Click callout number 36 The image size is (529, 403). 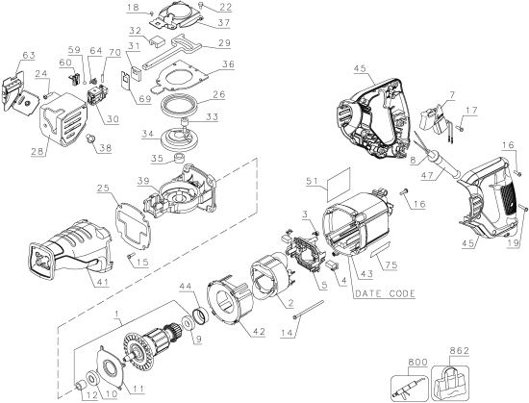(x=228, y=65)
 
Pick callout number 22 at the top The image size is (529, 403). (x=225, y=7)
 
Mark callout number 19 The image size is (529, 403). (x=514, y=245)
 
